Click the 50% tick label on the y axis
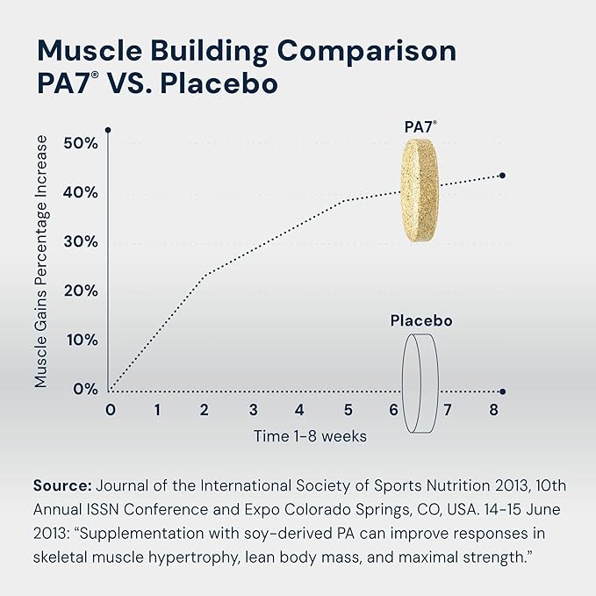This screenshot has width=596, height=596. click(x=80, y=143)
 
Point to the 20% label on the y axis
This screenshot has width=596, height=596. click(x=80, y=291)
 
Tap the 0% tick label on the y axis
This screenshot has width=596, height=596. click(x=84, y=389)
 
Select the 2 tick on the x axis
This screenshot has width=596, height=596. click(x=205, y=410)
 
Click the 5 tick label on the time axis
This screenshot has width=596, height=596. click(x=348, y=410)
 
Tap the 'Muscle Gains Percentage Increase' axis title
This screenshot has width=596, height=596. click(x=42, y=262)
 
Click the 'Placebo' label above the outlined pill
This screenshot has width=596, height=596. click(x=421, y=321)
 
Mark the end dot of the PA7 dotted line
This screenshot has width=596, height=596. click(x=502, y=176)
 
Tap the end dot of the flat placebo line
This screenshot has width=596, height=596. click(x=502, y=391)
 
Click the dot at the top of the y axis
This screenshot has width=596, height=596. click(x=107, y=130)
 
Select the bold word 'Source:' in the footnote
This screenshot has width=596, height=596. click(x=61, y=485)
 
